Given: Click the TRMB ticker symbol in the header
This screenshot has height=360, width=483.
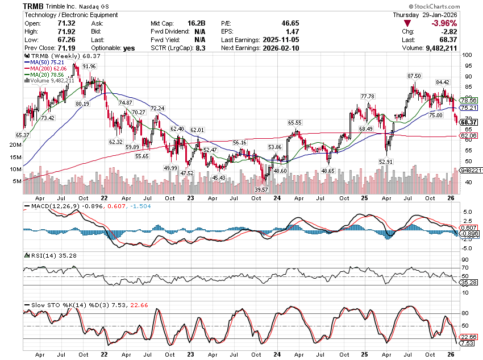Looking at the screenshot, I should coord(34,6).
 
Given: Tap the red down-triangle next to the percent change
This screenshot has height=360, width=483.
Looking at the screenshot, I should coord(407,23).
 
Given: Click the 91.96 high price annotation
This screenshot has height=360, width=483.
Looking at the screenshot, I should coord(89,67).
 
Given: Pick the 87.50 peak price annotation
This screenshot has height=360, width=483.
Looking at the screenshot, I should coord(414,76).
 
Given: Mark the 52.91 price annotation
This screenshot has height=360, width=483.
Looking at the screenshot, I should coord(386,162).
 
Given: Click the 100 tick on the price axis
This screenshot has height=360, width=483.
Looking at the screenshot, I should coord(467,55).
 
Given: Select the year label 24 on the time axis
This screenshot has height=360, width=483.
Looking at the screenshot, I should coord(277,198).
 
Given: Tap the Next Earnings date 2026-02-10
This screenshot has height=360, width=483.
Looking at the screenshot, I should coord(280,48).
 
